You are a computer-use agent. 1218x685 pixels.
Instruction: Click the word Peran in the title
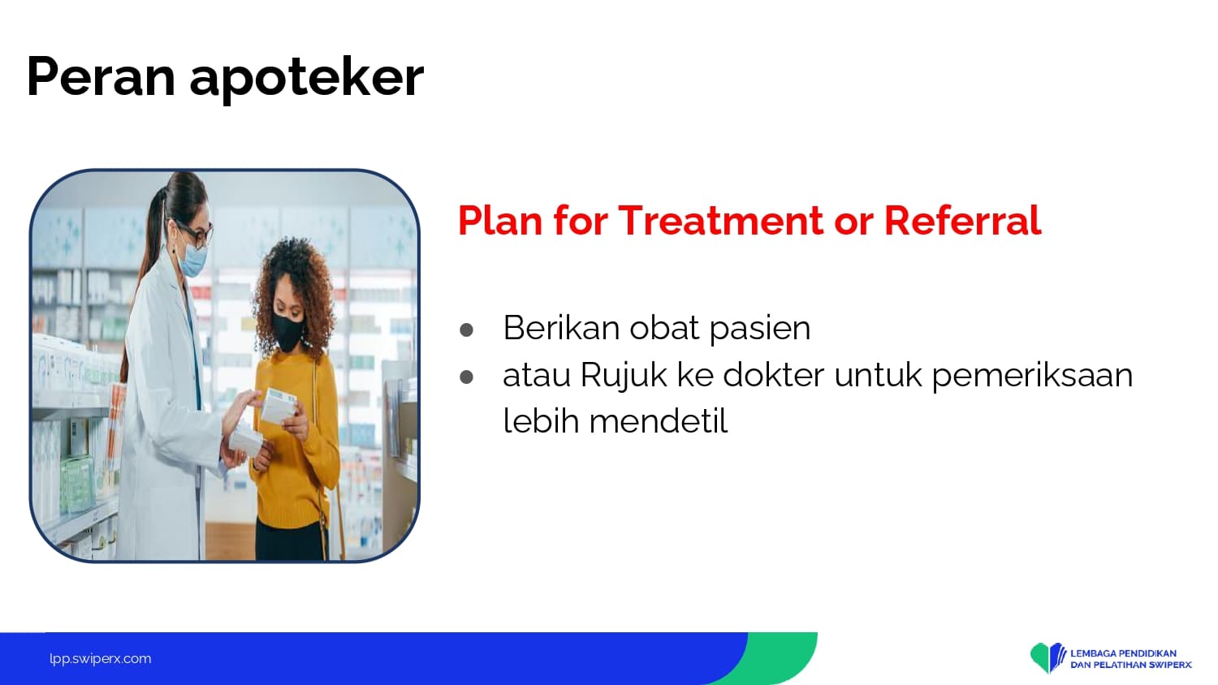101,76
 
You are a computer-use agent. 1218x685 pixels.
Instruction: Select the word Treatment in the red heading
720,220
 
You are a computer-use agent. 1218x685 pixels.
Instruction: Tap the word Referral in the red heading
962,220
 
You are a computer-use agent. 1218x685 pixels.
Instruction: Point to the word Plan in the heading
500,220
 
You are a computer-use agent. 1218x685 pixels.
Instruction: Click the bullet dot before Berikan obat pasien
466,330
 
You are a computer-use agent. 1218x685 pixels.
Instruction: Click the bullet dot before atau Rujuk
466,377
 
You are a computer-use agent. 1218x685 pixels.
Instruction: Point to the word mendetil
659,420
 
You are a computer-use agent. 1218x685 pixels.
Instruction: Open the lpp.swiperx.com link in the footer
101,659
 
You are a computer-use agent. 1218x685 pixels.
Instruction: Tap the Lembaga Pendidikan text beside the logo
1123,653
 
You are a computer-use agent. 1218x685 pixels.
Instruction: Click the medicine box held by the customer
279,405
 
